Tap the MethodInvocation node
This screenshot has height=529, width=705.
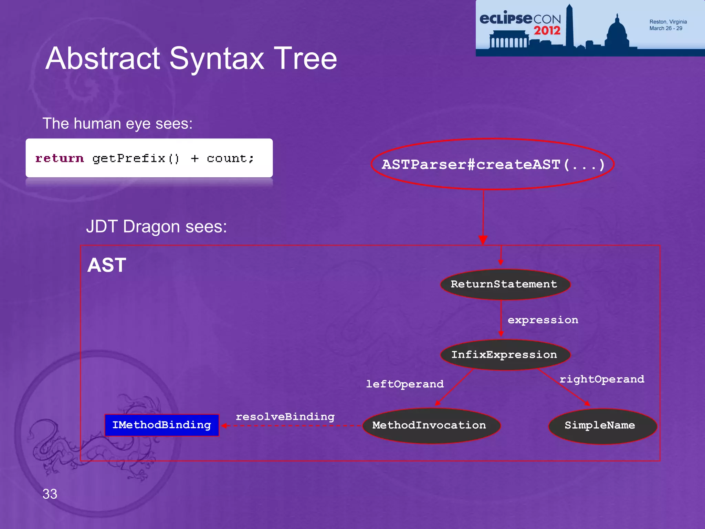pyautogui.click(x=430, y=426)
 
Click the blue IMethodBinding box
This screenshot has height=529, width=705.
pyautogui.click(x=162, y=425)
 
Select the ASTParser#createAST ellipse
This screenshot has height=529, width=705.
pyautogui.click(x=492, y=165)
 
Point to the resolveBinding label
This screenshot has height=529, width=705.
pyautogui.click(x=285, y=417)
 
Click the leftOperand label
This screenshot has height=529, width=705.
pyautogui.click(x=405, y=384)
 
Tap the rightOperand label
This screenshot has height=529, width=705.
pyautogui.click(x=602, y=379)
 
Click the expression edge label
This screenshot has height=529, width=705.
pyautogui.click(x=543, y=320)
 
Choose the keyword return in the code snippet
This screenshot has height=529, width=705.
pyautogui.click(x=60, y=158)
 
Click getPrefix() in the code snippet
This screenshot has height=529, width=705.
pyautogui.click(x=136, y=158)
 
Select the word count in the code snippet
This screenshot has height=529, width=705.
pyautogui.click(x=227, y=158)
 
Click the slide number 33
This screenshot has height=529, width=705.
pyautogui.click(x=50, y=494)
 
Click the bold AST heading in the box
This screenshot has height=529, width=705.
pyautogui.click(x=107, y=265)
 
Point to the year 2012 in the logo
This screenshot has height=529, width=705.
pyautogui.click(x=547, y=30)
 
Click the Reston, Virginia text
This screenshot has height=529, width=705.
pyautogui.click(x=668, y=22)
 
